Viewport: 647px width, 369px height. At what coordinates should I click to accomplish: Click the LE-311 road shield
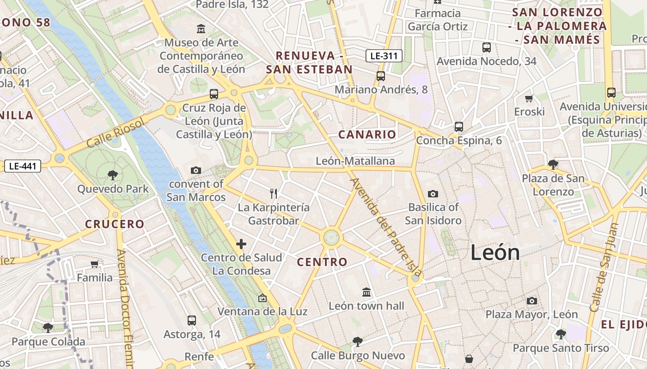(x=384, y=56)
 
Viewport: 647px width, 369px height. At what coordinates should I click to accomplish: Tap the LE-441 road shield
(x=23, y=166)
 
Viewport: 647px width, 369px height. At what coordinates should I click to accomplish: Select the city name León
(x=495, y=253)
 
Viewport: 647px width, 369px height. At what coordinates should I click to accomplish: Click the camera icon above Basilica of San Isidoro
(x=433, y=194)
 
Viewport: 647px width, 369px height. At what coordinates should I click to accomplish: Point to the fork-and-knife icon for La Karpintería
(x=274, y=194)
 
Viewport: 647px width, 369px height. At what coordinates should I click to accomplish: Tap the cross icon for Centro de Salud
(x=241, y=244)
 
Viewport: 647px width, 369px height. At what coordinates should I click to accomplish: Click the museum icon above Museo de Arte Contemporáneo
(x=201, y=29)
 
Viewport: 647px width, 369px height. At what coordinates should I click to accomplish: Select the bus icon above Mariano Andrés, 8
(x=381, y=76)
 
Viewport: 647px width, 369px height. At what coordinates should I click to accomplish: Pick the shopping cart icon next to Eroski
(x=529, y=98)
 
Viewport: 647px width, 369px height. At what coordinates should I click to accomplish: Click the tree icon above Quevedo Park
(x=112, y=175)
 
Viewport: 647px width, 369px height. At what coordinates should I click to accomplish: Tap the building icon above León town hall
(x=366, y=292)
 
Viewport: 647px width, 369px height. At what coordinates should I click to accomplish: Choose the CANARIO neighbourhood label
(x=367, y=135)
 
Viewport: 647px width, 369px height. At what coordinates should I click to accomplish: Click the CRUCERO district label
(x=115, y=224)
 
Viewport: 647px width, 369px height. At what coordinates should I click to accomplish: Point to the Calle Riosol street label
(x=116, y=132)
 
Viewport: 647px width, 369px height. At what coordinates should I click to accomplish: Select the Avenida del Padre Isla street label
(x=386, y=226)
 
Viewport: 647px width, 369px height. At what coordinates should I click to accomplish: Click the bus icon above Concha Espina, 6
(x=459, y=127)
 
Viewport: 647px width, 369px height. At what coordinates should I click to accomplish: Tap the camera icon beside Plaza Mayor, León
(x=532, y=301)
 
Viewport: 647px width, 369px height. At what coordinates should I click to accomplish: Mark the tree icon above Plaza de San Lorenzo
(x=553, y=164)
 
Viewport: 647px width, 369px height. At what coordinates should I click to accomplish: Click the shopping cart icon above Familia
(x=95, y=264)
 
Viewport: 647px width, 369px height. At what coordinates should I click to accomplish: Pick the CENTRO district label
(x=322, y=262)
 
